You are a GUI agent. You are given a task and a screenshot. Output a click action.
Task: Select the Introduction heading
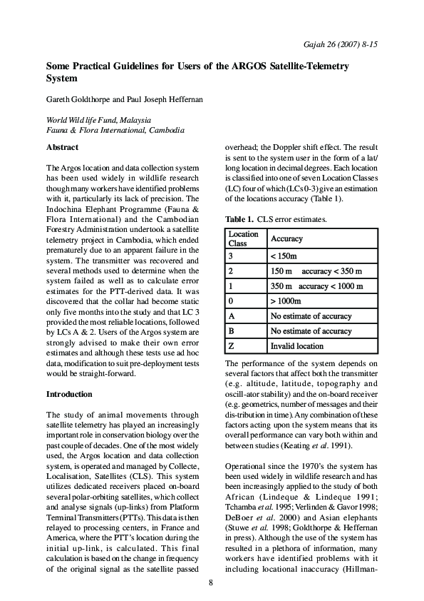68,394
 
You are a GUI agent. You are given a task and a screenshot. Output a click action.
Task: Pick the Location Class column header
244,238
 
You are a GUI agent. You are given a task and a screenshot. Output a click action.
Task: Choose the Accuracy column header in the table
287,238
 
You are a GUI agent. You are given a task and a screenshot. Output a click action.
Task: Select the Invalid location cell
296,346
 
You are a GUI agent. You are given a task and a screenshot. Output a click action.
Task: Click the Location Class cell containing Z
231,346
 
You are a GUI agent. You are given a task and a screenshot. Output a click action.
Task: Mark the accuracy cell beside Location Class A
311,316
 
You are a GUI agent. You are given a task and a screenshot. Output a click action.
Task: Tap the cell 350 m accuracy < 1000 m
316,286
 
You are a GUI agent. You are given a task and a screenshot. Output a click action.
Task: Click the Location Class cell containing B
231,331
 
